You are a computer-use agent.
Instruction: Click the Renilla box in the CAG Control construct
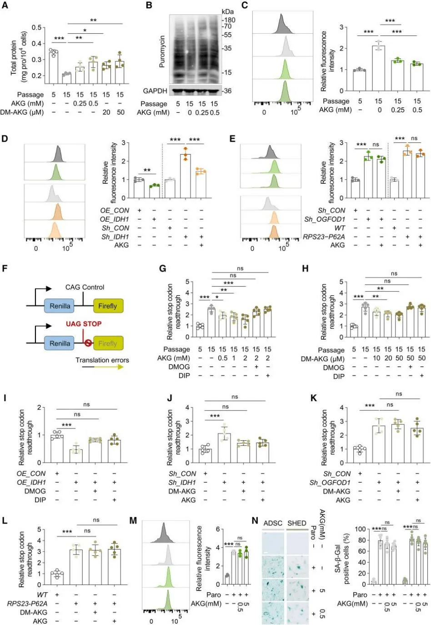tap(60, 306)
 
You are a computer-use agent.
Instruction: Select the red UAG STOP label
tap(84, 324)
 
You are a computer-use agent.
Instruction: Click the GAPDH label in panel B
tap(155, 91)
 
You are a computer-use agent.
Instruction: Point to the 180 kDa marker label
tap(229, 20)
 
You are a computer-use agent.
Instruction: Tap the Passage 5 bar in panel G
tap(200, 331)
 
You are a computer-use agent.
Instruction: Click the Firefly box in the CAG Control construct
tap(108, 306)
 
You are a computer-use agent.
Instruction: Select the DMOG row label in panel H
tap(334, 368)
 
